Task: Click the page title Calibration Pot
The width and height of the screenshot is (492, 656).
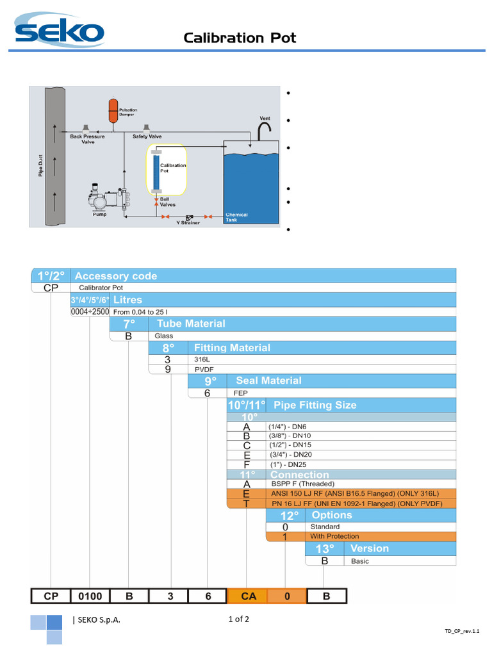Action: coord(240,38)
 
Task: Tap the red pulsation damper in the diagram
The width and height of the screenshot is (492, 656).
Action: coord(113,110)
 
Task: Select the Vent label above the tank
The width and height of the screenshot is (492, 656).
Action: coord(265,119)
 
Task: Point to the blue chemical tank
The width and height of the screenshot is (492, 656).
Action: coord(250,186)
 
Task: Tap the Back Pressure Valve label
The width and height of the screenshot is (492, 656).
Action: coord(87,139)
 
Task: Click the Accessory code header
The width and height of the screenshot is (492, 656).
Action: coord(116,276)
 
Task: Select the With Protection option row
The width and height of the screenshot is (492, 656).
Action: coord(334,536)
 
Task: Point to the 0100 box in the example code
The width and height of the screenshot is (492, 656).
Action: coord(90,596)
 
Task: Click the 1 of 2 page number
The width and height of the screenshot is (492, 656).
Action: coord(238,619)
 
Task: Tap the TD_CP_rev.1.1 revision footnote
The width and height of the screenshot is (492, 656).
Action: coord(462,631)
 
